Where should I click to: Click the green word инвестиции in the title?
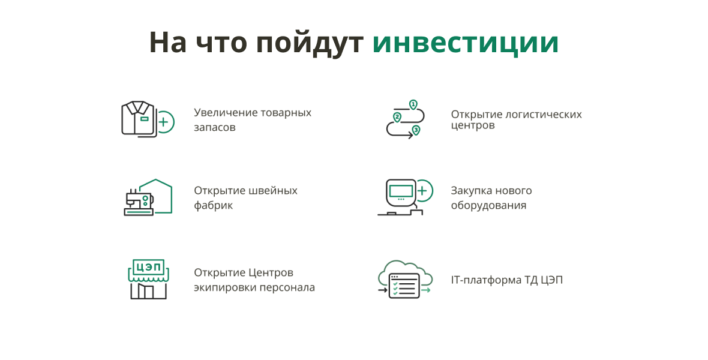click(466, 43)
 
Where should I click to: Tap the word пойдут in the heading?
click(310, 44)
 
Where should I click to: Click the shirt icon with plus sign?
click(148, 119)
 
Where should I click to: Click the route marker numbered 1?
click(413, 105)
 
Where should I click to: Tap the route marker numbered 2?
click(397, 118)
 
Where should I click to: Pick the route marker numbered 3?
click(416, 131)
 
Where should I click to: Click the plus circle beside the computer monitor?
click(422, 191)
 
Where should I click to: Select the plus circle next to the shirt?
click(164, 122)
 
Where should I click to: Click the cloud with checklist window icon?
click(405, 279)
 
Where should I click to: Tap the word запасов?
click(214, 127)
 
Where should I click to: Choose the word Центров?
click(271, 273)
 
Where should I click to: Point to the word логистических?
click(544, 114)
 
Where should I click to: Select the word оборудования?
click(488, 206)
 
